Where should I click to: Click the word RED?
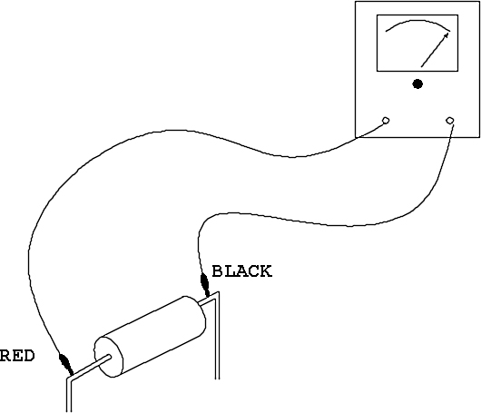point(17,356)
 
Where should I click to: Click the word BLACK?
point(241,271)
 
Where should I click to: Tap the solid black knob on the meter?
point(417,84)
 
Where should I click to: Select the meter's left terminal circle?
point(386,121)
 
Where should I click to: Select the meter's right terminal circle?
point(450,121)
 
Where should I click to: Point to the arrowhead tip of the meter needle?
point(447,34)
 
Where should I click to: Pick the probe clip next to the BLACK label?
point(204,284)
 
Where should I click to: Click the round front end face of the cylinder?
point(109,357)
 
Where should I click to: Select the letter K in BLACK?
point(266,271)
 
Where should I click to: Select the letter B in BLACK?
point(218,271)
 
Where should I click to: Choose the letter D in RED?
point(28,356)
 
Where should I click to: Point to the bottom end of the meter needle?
point(421,67)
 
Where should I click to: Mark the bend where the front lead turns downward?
point(69,379)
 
